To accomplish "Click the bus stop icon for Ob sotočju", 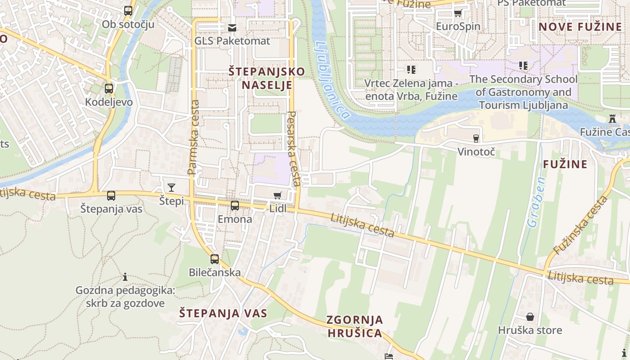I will click(x=128, y=11).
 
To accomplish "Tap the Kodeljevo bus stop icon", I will click(x=109, y=89).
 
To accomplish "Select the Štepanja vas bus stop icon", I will click(x=111, y=196).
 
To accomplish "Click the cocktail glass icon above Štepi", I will click(x=171, y=188).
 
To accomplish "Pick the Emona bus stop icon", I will click(x=234, y=206).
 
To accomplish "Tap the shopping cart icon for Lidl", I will click(x=278, y=195).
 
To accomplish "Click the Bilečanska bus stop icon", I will click(x=215, y=259).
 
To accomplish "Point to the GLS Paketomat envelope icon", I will click(x=232, y=28).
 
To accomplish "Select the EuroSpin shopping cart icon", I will click(x=458, y=13).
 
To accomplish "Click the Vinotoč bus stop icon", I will click(x=476, y=138).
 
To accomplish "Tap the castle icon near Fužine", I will click(x=612, y=119).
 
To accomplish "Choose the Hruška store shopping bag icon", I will click(x=530, y=317).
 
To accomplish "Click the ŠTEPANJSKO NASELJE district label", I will click(x=266, y=78).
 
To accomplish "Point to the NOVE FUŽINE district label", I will click(x=580, y=27).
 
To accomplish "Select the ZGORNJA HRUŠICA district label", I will click(x=355, y=326).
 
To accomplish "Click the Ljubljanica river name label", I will click(x=332, y=80).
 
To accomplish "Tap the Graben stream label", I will click(x=536, y=202).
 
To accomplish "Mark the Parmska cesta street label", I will click(x=193, y=137).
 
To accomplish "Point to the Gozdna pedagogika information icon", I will click(x=125, y=277).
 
